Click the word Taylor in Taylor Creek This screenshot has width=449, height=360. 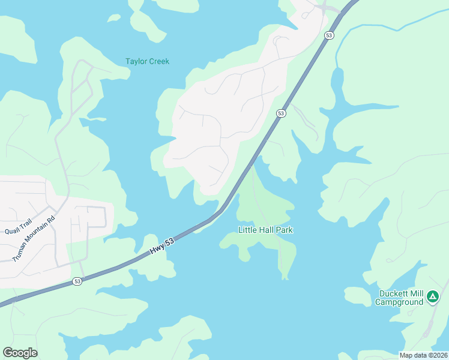click(136, 62)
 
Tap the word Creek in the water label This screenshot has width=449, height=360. click(159, 62)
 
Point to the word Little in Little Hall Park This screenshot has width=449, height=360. click(248, 230)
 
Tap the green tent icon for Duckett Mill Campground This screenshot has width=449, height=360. click(432, 296)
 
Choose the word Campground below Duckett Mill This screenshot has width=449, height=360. click(400, 302)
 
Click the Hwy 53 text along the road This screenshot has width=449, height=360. click(161, 245)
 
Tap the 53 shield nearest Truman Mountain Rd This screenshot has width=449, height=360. click(77, 281)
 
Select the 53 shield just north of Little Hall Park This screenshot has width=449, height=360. click(281, 113)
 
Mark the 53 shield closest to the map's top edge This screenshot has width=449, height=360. click(328, 36)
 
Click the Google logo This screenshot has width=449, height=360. click(20, 353)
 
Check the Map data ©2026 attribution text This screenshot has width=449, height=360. click(423, 355)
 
